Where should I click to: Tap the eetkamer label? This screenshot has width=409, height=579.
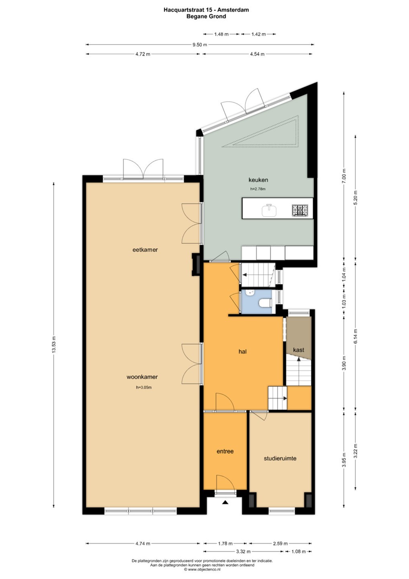[x=145, y=250]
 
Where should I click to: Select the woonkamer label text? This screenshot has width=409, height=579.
[x=142, y=377]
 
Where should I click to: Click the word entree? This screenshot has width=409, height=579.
[x=225, y=451]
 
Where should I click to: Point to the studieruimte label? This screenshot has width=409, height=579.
[x=280, y=458]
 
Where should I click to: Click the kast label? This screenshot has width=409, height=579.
[x=299, y=350]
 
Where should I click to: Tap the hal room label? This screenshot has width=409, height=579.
[x=243, y=351]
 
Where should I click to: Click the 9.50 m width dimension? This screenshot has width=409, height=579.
[x=200, y=45]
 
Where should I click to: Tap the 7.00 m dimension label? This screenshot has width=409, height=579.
[x=344, y=176]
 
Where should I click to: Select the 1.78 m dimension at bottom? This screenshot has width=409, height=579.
[x=225, y=544]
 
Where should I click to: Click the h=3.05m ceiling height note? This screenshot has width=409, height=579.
[x=144, y=388]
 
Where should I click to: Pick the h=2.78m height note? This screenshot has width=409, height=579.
[x=258, y=189]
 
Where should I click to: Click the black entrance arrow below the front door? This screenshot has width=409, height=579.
[x=225, y=503]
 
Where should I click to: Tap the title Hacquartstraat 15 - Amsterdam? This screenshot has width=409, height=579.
[x=206, y=10]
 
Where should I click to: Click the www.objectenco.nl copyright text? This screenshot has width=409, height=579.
[x=202, y=569]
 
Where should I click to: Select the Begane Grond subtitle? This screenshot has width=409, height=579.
[x=206, y=16]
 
